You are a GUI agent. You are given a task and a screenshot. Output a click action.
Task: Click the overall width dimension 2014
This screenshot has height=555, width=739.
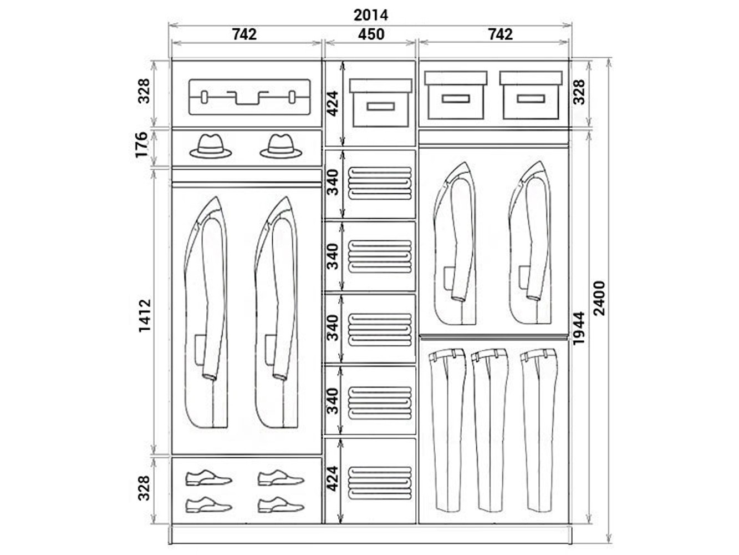pyautogui.click(x=370, y=15)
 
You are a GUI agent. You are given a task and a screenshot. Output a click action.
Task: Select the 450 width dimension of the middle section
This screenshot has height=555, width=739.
pyautogui.click(x=371, y=34)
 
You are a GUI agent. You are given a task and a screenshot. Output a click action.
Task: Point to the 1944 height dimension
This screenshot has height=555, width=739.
pyautogui.click(x=578, y=328)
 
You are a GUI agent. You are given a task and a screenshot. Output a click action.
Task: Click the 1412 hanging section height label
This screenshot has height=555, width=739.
pyautogui.click(x=145, y=316)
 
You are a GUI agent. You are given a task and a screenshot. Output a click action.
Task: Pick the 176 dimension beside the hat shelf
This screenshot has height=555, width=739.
pyautogui.click(x=141, y=145)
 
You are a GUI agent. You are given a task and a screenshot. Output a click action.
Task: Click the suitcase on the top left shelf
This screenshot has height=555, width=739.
pyautogui.click(x=249, y=97)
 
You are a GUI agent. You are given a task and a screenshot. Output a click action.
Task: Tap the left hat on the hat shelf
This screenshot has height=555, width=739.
pyautogui.click(x=211, y=147)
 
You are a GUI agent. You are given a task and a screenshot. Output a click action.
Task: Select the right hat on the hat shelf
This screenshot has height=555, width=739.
pyautogui.click(x=281, y=147)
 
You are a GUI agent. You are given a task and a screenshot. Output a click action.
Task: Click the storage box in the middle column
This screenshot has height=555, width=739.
pyautogui.click(x=380, y=103)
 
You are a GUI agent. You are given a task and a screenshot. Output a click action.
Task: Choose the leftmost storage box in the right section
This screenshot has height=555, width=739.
pyautogui.click(x=456, y=95)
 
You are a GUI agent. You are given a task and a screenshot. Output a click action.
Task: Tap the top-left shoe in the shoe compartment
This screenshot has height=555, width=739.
pyautogui.click(x=209, y=477)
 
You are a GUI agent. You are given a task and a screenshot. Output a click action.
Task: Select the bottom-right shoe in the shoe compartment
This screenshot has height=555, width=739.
pyautogui.click(x=281, y=504)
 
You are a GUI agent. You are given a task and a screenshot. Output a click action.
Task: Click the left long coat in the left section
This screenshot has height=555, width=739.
pyautogui.click(x=206, y=312)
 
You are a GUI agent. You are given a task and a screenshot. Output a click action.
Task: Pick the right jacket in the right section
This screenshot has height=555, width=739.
pyautogui.click(x=530, y=243)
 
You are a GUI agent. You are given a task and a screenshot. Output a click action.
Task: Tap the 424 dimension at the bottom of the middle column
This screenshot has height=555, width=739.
pyautogui.click(x=332, y=478)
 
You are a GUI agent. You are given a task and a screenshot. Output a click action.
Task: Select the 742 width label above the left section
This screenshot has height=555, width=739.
pyautogui.click(x=244, y=34)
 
